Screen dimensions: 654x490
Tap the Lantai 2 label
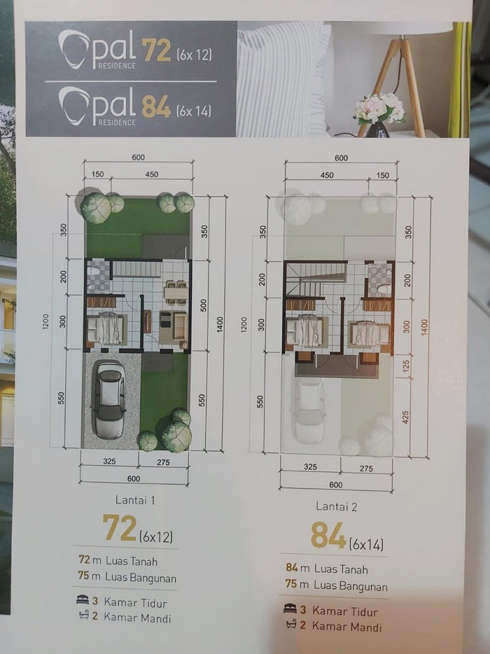[339, 506]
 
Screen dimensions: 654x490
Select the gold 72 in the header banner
[157, 52]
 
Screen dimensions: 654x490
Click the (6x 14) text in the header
[194, 111]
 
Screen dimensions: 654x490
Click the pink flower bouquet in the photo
[380, 107]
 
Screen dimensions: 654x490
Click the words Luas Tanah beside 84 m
[343, 569]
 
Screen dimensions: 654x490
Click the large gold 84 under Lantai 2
[327, 537]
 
